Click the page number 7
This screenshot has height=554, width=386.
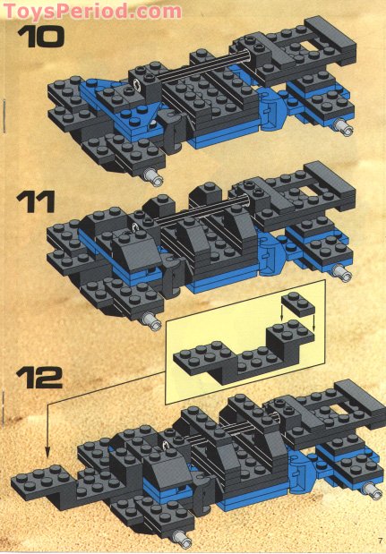tap(380, 540)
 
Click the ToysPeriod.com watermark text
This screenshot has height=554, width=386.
tap(91, 12)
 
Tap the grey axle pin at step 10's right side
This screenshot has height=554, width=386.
tap(342, 129)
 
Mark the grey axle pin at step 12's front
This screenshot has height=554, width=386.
tap(184, 538)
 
